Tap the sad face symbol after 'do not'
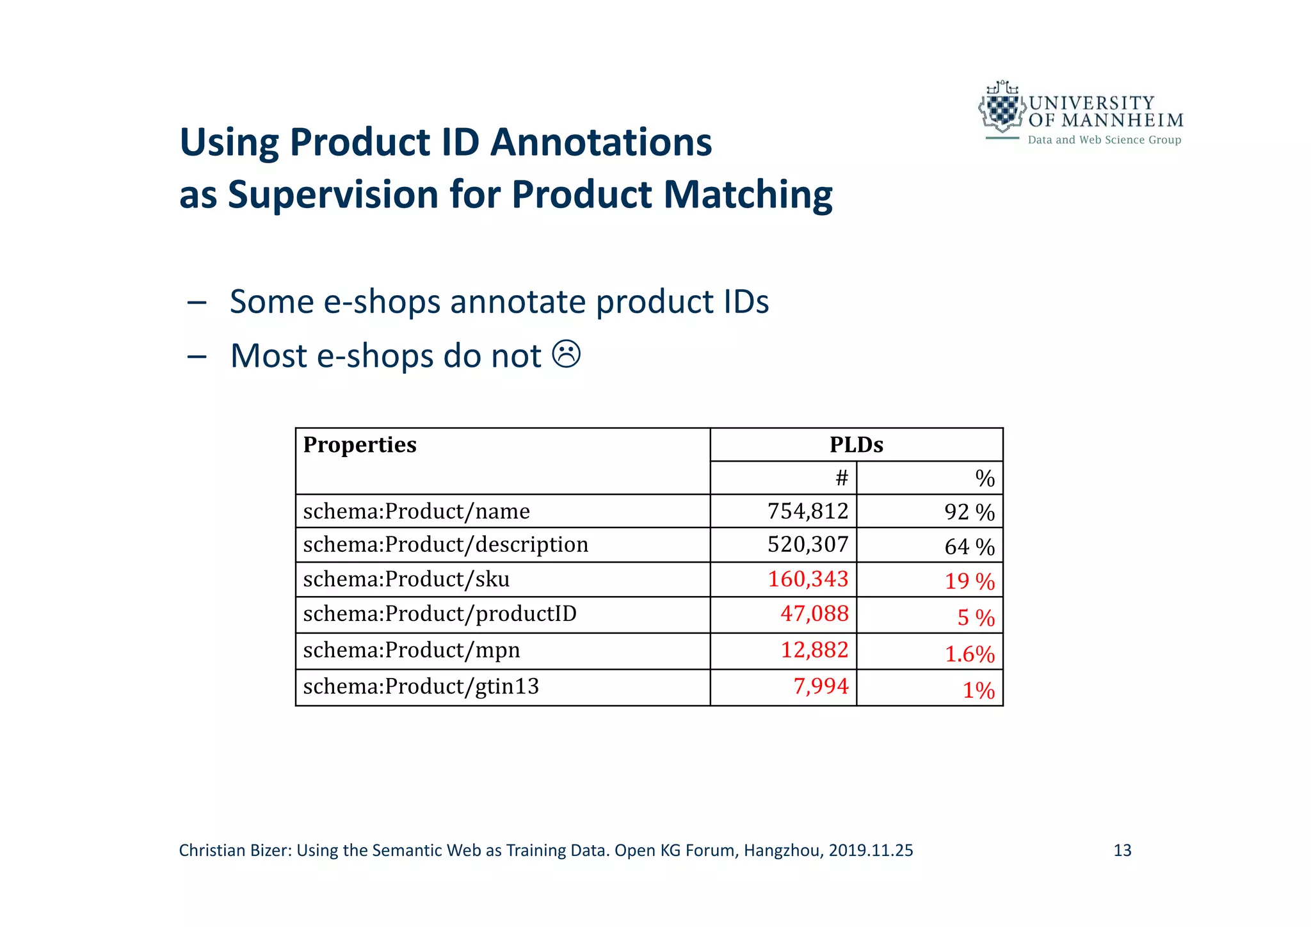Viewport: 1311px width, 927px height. point(567,355)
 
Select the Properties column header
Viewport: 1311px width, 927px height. point(360,445)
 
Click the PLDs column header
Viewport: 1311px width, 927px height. point(856,445)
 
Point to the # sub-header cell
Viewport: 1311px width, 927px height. point(841,478)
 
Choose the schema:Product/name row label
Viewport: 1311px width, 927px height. point(416,512)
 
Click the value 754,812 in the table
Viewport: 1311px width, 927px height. point(807,512)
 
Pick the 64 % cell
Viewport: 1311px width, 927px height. point(969,547)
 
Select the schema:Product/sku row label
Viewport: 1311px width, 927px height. point(406,579)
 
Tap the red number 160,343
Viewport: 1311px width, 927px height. point(807,579)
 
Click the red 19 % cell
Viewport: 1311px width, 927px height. point(969,581)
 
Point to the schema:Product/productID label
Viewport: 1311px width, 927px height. point(440,614)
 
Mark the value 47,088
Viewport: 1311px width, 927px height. point(814,614)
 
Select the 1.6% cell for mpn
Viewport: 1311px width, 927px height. point(969,654)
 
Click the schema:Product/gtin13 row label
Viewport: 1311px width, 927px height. point(421,687)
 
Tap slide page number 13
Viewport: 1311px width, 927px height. point(1122,851)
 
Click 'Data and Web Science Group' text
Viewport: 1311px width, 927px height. point(1104,140)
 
